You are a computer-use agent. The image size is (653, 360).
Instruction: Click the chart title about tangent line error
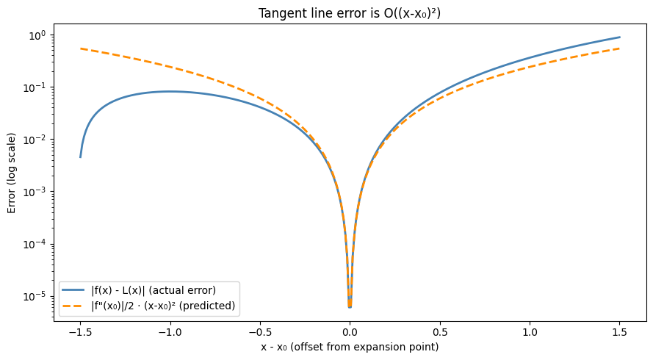coord(350,12)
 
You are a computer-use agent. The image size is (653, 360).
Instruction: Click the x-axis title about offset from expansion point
coord(350,347)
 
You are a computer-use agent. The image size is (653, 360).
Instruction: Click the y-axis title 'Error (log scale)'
coord(12,173)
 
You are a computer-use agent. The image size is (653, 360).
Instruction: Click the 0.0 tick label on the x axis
coord(350,331)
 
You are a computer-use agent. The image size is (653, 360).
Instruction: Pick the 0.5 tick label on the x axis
coord(439,331)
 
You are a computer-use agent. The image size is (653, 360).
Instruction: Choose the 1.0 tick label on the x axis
coord(530,331)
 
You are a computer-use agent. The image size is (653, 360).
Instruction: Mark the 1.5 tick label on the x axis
coord(619,331)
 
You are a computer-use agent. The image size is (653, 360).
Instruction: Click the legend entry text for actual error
coord(153,289)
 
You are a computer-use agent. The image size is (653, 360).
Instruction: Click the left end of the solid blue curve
coord(81,156)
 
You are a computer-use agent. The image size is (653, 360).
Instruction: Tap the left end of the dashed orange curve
coord(81,48)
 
